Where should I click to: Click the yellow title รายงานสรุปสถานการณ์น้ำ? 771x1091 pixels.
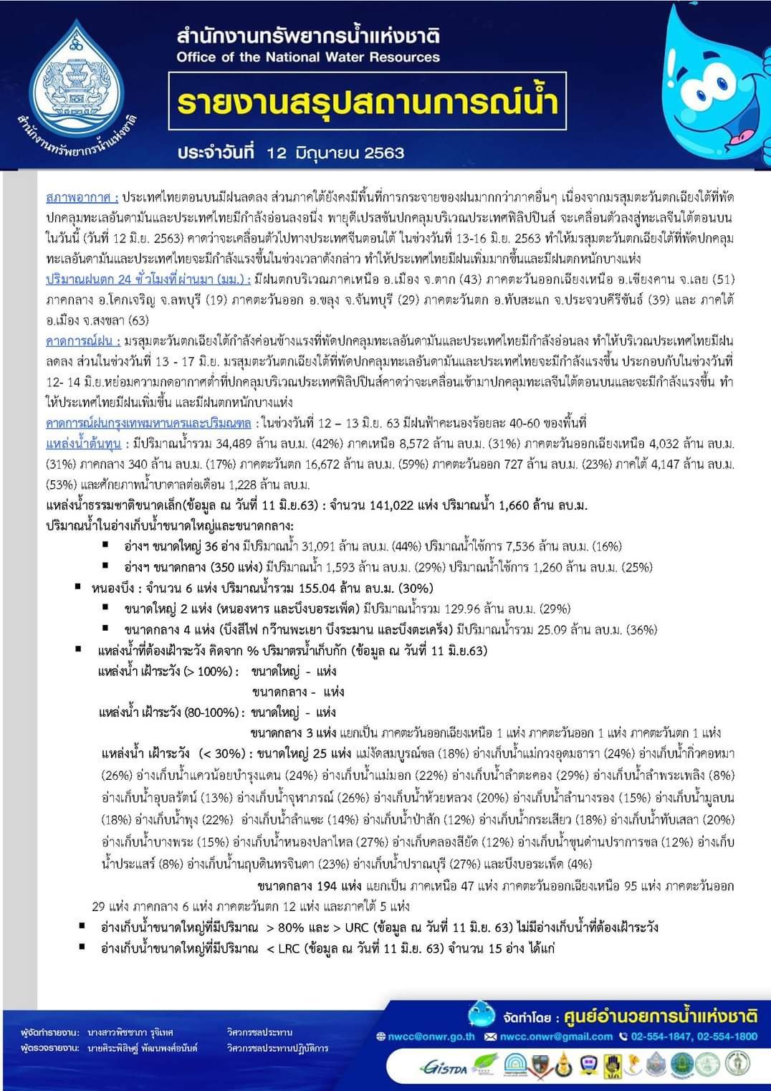(368, 103)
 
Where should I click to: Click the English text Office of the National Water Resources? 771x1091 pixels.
(308, 57)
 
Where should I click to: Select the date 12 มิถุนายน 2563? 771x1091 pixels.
(335, 153)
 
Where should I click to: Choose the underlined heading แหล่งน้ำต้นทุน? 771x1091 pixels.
(83, 444)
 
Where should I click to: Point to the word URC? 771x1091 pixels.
(358, 928)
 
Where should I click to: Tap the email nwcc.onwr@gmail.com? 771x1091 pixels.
(556, 1036)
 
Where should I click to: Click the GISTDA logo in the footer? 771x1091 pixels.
(445, 1067)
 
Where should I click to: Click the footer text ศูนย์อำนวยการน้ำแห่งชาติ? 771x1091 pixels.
(660, 1016)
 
